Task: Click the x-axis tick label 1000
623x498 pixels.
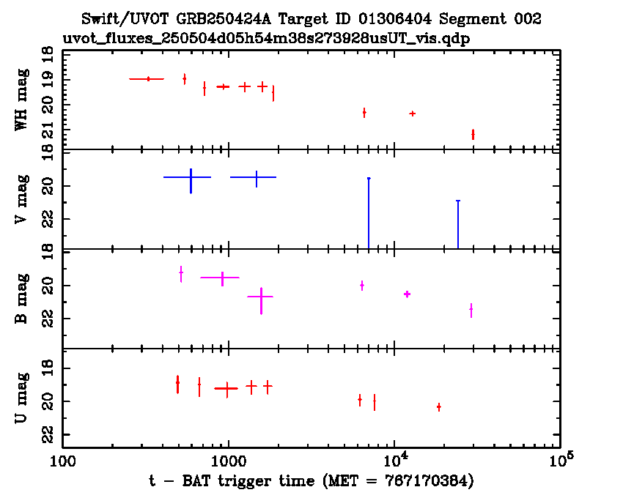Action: pos(228,460)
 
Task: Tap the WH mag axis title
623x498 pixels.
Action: pos(22,99)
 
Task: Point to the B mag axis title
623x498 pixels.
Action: pos(22,299)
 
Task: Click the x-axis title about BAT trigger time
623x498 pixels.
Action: pos(311,480)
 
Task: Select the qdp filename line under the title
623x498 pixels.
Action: pos(266,37)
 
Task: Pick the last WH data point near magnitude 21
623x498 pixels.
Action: pos(473,134)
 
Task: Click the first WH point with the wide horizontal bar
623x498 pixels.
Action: pos(148,78)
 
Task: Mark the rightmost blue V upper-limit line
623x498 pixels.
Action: pos(458,223)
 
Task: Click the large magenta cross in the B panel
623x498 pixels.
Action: pos(260,296)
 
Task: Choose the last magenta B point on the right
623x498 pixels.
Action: pos(471,310)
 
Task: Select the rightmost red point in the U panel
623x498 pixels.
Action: pos(438,406)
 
